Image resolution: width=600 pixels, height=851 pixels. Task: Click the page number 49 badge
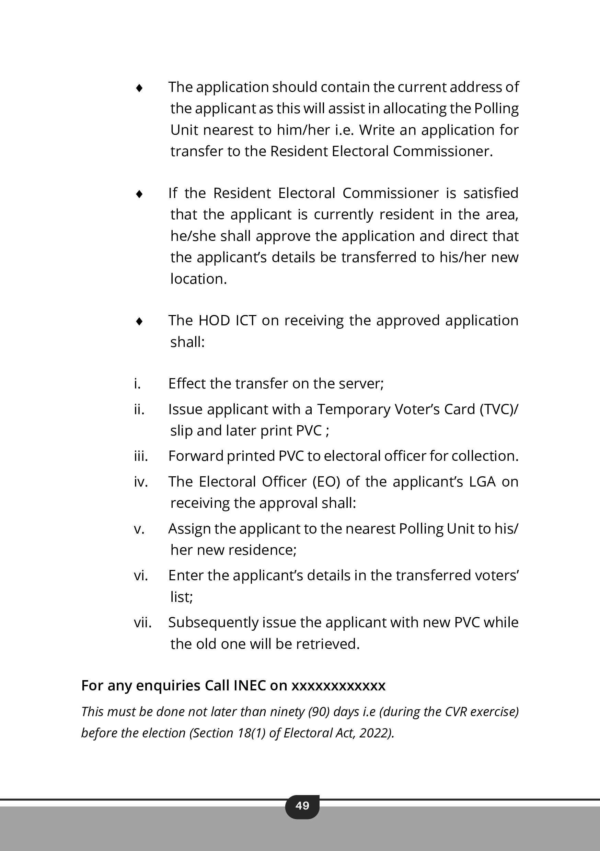coord(302,805)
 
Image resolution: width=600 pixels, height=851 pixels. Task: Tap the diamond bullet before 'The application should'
coord(139,88)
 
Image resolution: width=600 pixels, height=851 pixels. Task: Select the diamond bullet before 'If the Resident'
coord(139,194)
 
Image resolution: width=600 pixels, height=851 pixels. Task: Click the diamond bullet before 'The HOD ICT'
coord(139,321)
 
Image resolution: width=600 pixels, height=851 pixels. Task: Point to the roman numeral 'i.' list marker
coord(137,384)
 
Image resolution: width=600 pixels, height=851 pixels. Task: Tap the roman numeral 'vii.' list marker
coord(143,622)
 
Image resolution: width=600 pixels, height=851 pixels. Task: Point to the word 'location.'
coord(198,279)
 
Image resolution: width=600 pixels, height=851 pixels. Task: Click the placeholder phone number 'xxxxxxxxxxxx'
coord(338,686)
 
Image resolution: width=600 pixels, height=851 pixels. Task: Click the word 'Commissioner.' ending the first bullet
coord(443,151)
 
